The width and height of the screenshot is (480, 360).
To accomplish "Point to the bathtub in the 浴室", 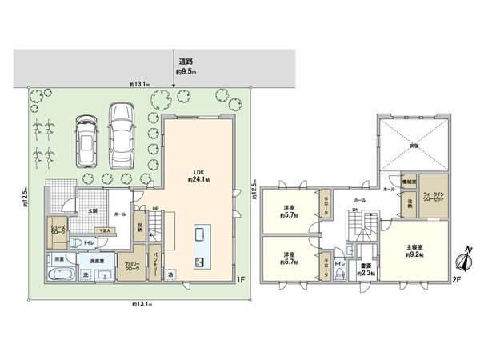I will point(60,275).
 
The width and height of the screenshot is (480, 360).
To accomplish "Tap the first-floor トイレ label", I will point(90,242).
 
